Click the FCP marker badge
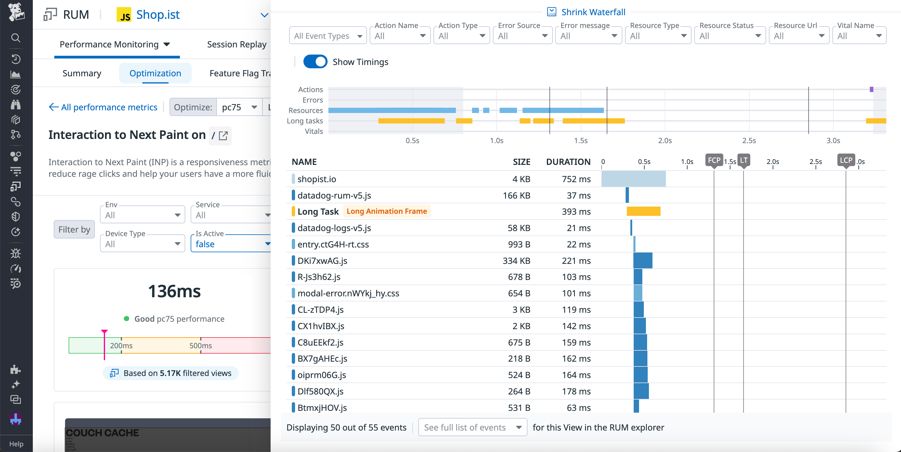(714, 160)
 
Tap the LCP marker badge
(846, 160)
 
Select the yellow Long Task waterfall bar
(643, 211)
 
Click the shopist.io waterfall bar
(633, 179)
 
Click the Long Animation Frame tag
(386, 211)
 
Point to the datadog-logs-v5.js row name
(334, 228)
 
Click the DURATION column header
(568, 162)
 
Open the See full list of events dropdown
(472, 427)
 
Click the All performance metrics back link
(103, 107)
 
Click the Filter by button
(74, 229)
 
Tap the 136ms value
(174, 291)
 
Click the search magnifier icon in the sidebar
(16, 38)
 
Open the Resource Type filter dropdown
(658, 36)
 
